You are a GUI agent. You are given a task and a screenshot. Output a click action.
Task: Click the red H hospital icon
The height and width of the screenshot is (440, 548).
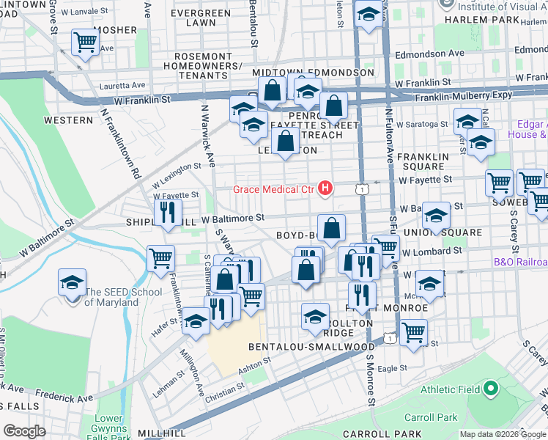click(x=326, y=189)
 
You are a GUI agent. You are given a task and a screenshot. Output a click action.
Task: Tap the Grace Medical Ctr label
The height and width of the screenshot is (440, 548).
click(x=273, y=190)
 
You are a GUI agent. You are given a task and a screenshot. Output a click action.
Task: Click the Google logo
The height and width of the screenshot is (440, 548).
click(x=25, y=431)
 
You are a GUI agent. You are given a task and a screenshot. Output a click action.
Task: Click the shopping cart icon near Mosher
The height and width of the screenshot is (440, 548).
click(x=86, y=41)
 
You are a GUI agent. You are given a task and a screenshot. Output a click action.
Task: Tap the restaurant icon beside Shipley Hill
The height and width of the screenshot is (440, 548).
click(x=168, y=213)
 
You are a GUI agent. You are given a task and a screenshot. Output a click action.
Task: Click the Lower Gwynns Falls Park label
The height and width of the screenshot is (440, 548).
click(x=109, y=428)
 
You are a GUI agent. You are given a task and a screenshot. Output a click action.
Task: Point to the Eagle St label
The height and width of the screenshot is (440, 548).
click(x=392, y=368)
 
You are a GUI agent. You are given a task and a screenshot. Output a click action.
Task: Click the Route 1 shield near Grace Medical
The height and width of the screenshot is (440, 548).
click(x=363, y=189)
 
